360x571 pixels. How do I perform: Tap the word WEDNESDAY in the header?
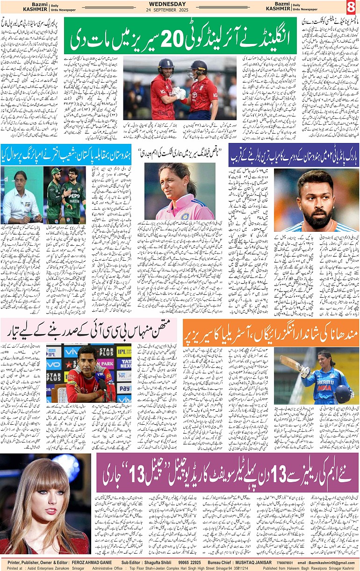point(180,4)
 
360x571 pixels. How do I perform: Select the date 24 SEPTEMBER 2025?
point(180,10)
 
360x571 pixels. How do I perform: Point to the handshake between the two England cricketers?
point(176,92)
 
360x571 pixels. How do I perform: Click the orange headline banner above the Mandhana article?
point(270,332)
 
